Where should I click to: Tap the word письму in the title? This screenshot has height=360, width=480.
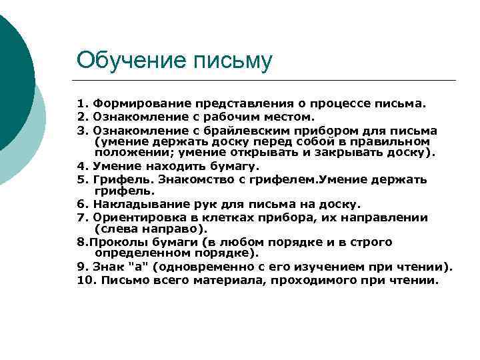pyautogui.click(x=233, y=61)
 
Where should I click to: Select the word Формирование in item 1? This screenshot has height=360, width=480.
pyautogui.click(x=137, y=104)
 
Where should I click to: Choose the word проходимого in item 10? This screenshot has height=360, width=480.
pyautogui.click(x=325, y=280)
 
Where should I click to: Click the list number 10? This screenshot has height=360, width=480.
pyautogui.click(x=85, y=280)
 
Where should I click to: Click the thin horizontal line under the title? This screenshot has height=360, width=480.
pyautogui.click(x=267, y=81)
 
